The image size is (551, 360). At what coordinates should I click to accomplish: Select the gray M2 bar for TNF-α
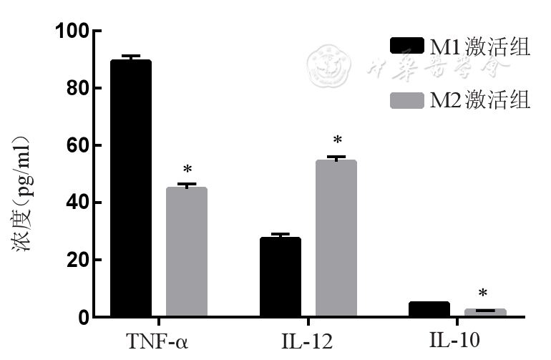(x=186, y=252)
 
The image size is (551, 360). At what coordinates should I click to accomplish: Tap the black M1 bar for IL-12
(x=280, y=277)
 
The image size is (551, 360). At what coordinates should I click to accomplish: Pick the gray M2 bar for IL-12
(x=336, y=238)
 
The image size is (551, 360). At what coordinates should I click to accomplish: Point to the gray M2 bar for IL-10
(x=485, y=313)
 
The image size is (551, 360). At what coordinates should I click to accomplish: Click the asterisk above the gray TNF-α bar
(x=187, y=170)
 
